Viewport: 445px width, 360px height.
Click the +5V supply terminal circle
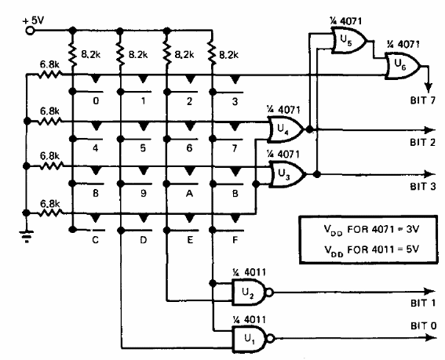pos(30,30)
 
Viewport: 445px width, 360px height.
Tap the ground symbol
pos(27,237)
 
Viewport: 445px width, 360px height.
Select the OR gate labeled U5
pos(348,41)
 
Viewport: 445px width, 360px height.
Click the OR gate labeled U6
pos(403,66)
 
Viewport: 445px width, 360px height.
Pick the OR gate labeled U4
pos(286,129)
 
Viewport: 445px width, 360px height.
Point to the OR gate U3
pos(288,174)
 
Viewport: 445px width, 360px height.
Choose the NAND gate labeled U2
pos(250,292)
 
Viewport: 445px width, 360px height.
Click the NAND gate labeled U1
pos(250,339)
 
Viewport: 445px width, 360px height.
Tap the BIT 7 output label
pos(422,100)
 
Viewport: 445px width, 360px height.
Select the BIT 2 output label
pos(422,142)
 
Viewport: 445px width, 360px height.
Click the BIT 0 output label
pos(423,325)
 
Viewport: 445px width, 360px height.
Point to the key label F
pos(235,240)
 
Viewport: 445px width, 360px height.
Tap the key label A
pos(189,194)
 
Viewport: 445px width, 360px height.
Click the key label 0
pos(96,101)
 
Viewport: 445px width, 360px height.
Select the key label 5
pos(143,147)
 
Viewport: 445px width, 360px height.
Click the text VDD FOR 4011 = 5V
pos(371,250)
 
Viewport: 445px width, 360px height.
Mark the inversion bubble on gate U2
pos(270,292)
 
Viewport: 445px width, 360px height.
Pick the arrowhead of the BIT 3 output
pos(429,174)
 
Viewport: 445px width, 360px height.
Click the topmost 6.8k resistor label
pos(49,64)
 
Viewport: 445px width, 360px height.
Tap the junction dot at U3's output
pos(317,174)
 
